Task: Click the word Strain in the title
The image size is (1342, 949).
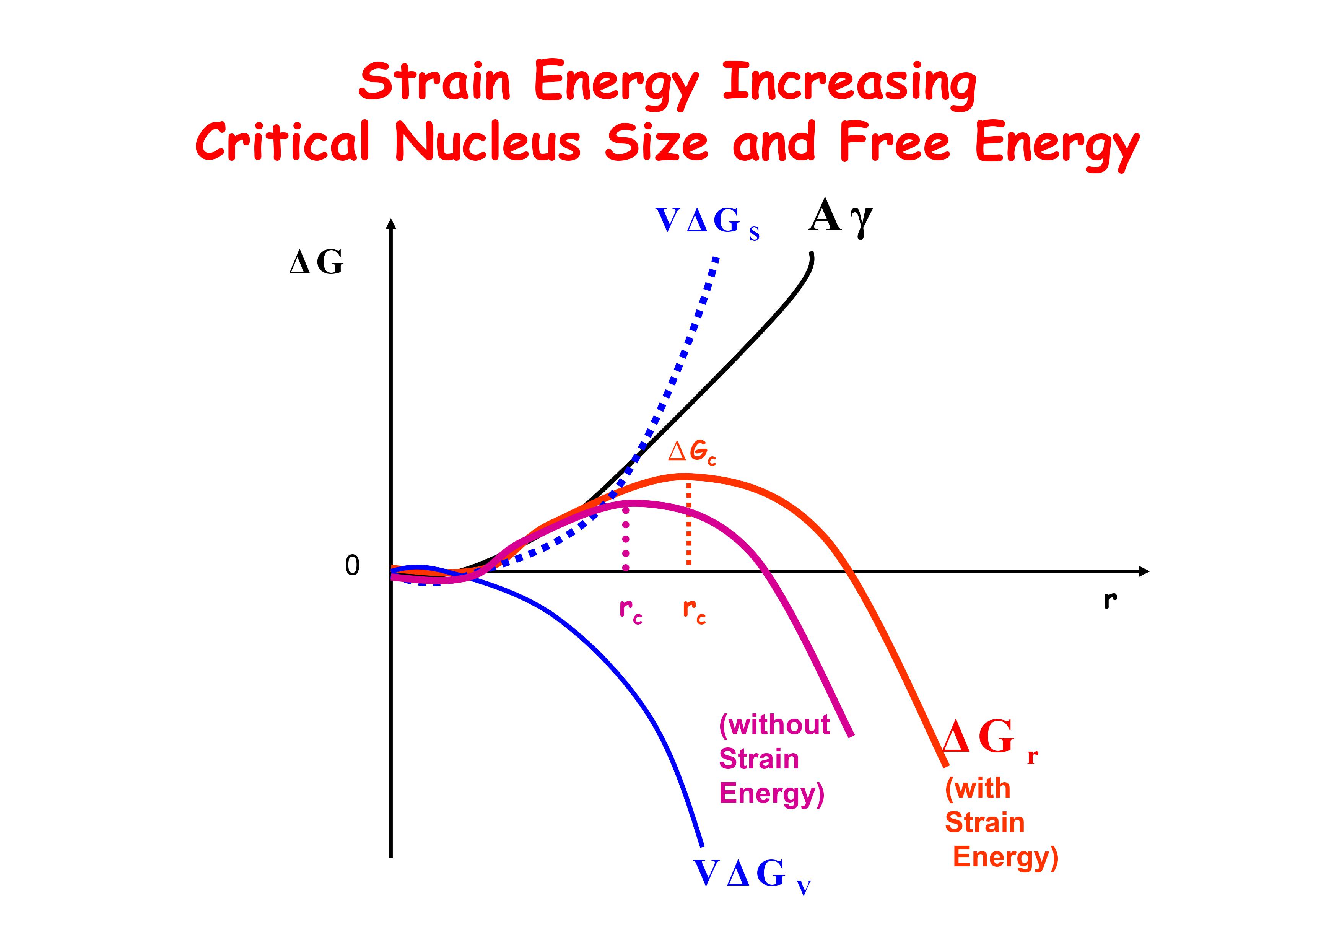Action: [434, 82]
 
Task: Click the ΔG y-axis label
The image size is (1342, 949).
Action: [316, 262]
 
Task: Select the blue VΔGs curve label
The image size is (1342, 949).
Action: [707, 222]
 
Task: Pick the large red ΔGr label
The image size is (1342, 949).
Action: [988, 739]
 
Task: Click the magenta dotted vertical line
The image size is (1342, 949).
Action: [626, 538]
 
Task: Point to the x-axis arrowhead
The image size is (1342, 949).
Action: [1144, 571]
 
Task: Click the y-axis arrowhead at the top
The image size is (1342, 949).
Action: [392, 224]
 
